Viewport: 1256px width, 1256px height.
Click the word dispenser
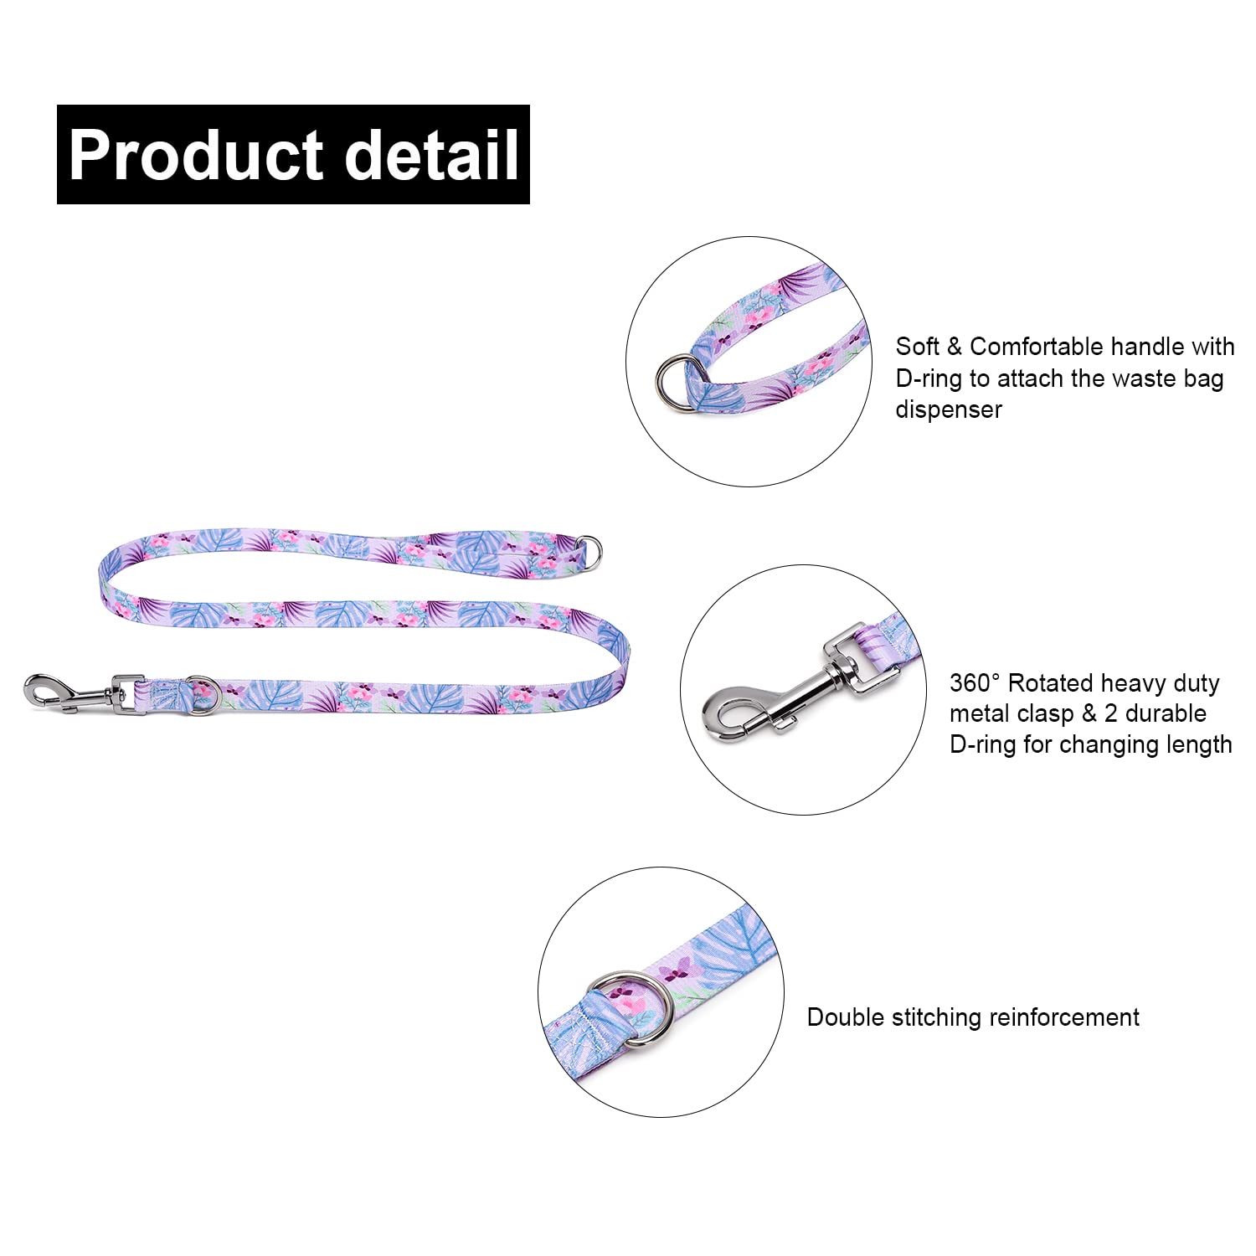[x=949, y=409]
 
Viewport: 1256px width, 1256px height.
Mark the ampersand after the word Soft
[x=954, y=347]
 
